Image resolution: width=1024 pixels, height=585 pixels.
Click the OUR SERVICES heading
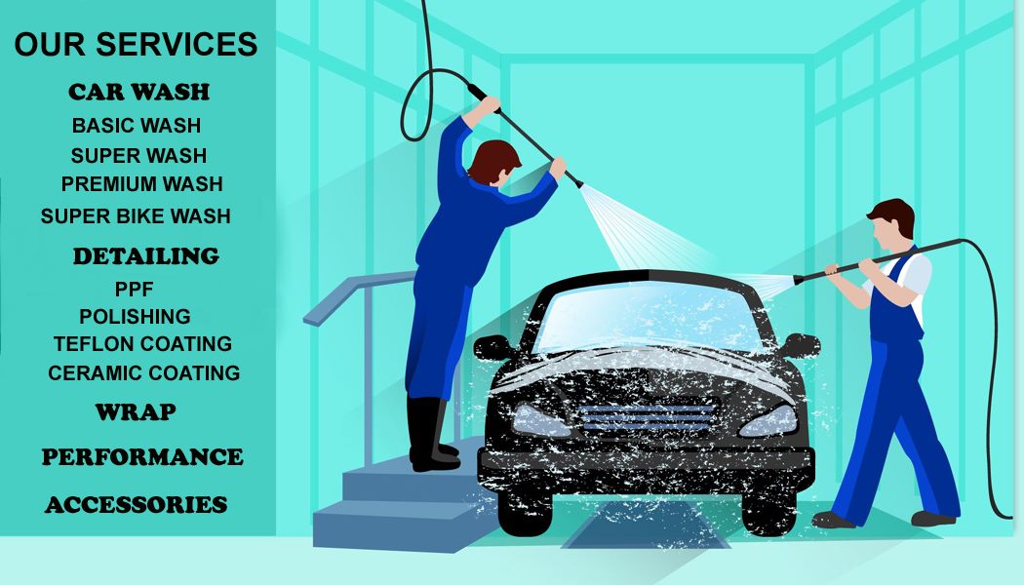(136, 45)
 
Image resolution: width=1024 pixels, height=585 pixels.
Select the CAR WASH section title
(139, 92)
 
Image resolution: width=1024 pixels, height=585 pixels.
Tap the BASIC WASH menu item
(137, 126)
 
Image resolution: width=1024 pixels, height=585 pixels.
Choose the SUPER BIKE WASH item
(136, 216)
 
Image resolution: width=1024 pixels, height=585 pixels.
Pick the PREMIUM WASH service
(142, 184)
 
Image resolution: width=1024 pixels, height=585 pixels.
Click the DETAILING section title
(146, 255)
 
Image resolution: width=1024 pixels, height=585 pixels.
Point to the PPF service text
(134, 290)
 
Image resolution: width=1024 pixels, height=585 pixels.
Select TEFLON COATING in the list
(143, 344)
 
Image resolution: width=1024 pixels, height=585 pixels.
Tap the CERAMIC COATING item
(144, 372)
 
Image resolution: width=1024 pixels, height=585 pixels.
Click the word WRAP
(136, 412)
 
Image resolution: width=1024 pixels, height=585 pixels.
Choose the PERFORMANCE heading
(142, 457)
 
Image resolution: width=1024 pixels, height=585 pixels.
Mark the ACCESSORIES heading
(137, 505)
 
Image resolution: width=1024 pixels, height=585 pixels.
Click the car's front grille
(648, 418)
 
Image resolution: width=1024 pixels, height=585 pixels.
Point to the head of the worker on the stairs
(493, 163)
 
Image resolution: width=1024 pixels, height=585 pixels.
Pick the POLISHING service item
(136, 317)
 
